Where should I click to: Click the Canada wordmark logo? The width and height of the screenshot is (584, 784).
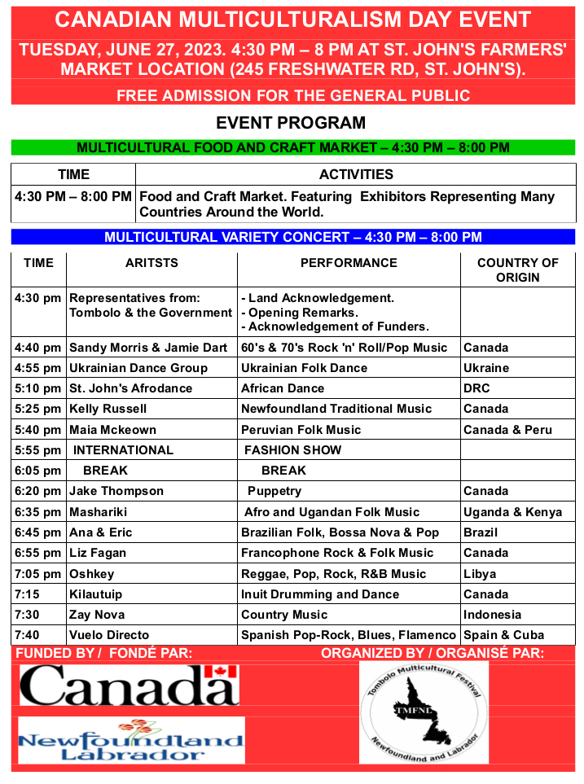129,685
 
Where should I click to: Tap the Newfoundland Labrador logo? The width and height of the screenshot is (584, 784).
131,740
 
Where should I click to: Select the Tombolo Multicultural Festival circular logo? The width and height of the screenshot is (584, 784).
424,712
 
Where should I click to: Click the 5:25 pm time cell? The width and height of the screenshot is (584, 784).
38,409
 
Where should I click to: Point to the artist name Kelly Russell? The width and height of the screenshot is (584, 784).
108,409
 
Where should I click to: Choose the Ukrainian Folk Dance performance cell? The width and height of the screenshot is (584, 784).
305,368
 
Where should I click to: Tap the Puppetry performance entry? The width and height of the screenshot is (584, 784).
274,491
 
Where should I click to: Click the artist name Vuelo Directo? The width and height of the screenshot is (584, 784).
109,635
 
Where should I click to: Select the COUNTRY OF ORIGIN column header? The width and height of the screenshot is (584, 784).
518,269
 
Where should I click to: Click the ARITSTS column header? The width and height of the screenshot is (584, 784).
151,263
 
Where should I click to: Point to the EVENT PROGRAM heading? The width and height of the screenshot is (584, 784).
291,124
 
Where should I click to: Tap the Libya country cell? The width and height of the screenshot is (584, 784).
480,574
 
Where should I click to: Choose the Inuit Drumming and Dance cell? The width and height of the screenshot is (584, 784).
320,594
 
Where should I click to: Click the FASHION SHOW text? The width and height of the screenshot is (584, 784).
292,450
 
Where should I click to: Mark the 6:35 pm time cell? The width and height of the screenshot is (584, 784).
38,512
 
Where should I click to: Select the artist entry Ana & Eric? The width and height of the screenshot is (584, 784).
101,532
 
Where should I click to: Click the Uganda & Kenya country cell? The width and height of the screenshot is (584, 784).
512,512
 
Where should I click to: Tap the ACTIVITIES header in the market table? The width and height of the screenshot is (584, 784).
356,174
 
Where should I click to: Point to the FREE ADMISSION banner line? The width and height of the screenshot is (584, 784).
293,96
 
